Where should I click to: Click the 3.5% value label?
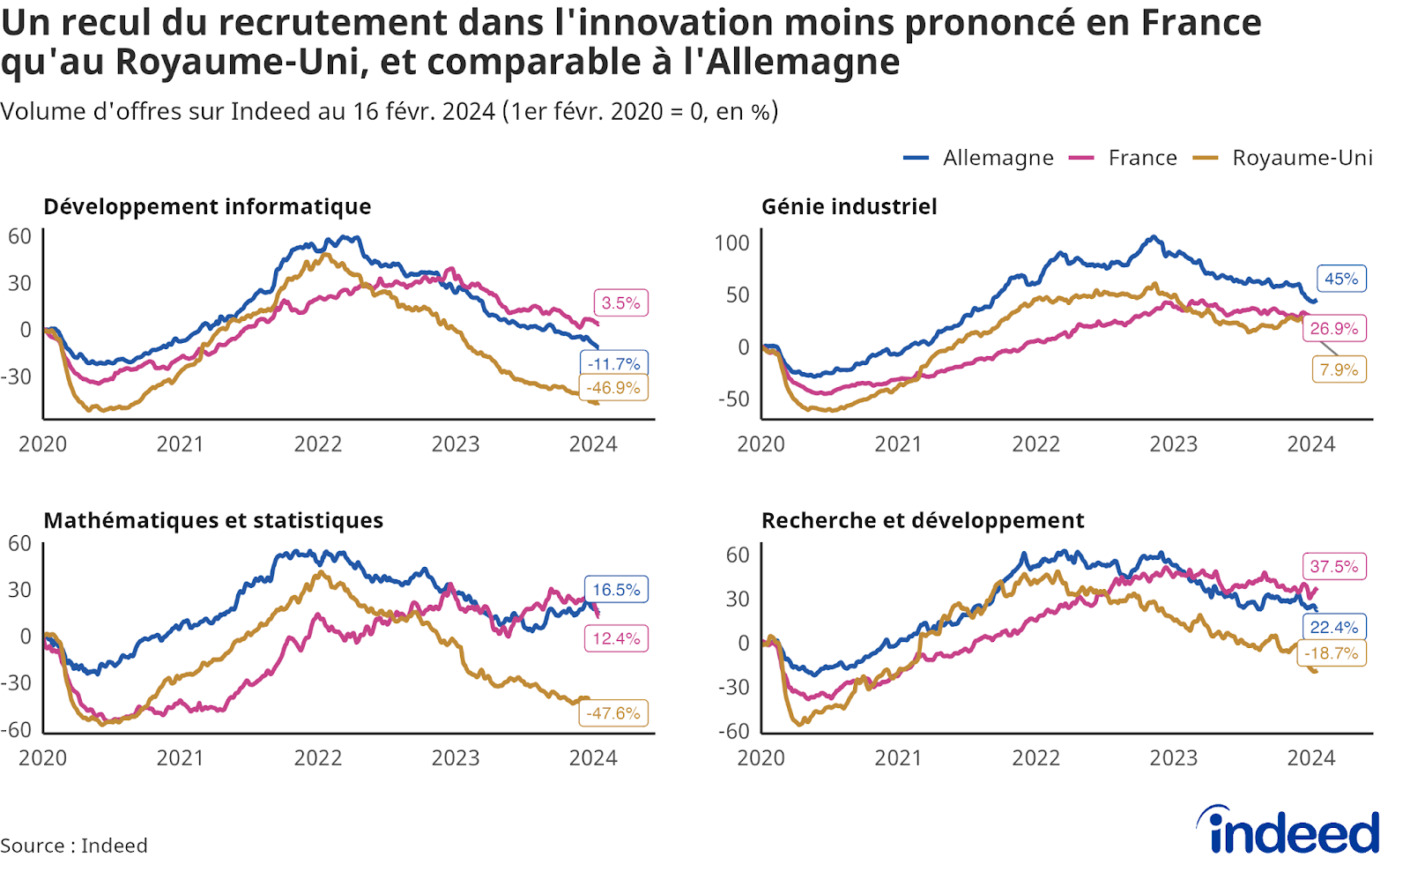pyautogui.click(x=620, y=303)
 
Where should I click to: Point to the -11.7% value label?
pyautogui.click(x=614, y=363)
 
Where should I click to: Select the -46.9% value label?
pyautogui.click(x=614, y=388)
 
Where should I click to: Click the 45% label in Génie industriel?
pyautogui.click(x=1341, y=279)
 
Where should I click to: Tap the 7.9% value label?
pyautogui.click(x=1339, y=369)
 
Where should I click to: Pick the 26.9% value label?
pyautogui.click(x=1334, y=329)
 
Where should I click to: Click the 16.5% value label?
pyautogui.click(x=616, y=590)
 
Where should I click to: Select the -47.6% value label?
pyautogui.click(x=614, y=713)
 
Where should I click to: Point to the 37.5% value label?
pyautogui.click(x=1334, y=566)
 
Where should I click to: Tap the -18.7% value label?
pyautogui.click(x=1332, y=653)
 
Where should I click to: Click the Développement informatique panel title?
pyautogui.click(x=207, y=206)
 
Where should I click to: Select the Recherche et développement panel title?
pyautogui.click(x=923, y=520)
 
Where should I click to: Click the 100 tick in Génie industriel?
pyautogui.click(x=731, y=243)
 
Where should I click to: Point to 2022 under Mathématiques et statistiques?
pyautogui.click(x=317, y=758)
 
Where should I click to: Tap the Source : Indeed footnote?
pyautogui.click(x=74, y=846)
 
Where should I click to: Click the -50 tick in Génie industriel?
pyautogui.click(x=733, y=399)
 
